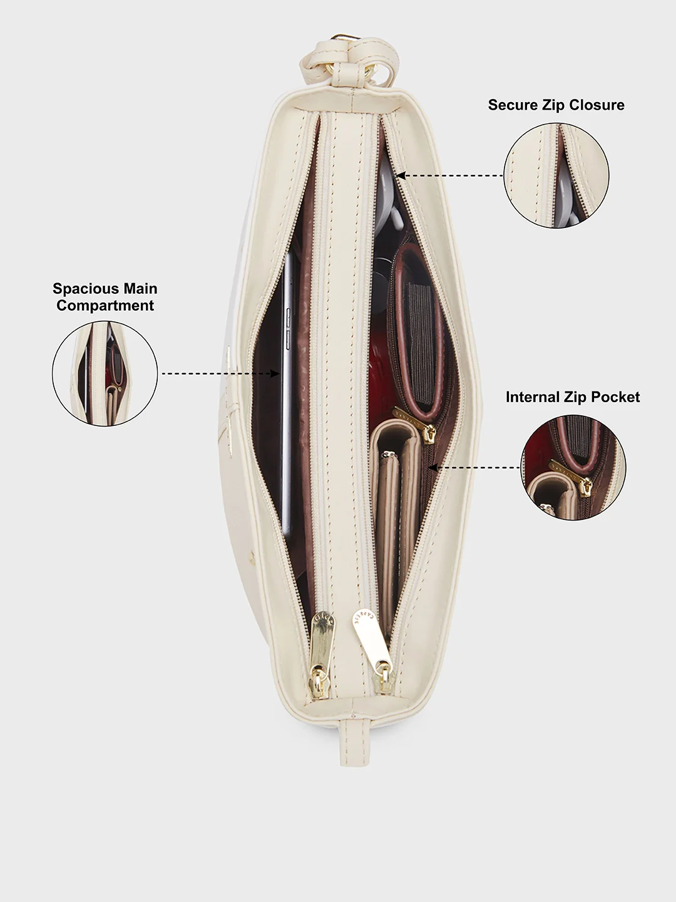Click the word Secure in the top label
[x=513, y=105]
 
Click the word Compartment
[x=105, y=306]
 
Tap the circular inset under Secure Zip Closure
[x=556, y=175]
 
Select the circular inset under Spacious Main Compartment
[x=105, y=373]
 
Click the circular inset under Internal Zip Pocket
[x=573, y=468]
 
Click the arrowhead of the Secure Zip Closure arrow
[x=400, y=175]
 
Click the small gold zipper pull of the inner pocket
[x=416, y=425]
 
